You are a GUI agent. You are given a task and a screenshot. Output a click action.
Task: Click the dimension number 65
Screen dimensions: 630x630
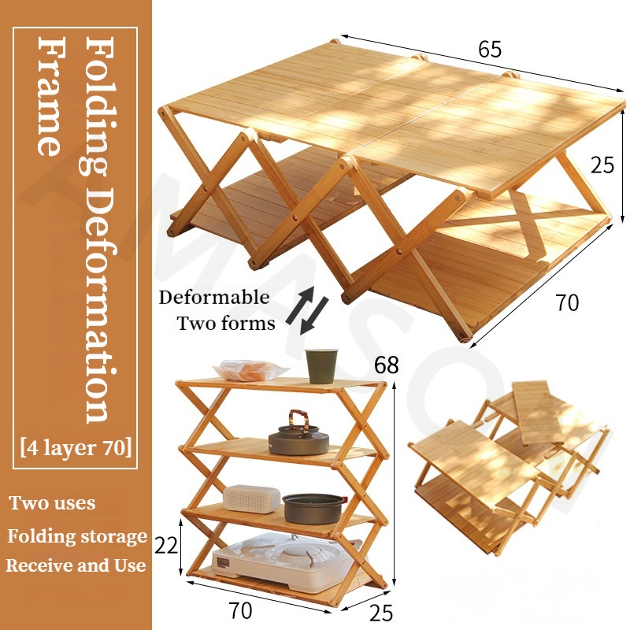489,49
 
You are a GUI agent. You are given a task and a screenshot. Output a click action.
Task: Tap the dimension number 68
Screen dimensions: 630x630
387,365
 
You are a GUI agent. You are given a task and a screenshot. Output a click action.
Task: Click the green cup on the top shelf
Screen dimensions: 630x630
321,366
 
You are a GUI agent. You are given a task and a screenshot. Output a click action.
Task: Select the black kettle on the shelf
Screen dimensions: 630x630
298,438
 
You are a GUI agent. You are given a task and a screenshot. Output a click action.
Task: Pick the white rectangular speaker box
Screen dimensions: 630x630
252,498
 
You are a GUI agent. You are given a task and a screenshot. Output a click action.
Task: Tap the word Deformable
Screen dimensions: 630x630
214,298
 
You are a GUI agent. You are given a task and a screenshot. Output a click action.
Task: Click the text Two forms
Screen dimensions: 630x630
226,323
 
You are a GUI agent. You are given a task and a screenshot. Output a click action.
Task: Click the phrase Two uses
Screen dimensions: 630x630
52,503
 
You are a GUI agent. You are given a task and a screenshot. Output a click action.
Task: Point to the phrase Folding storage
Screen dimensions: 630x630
77,537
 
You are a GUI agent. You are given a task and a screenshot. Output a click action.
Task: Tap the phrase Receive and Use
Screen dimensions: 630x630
76,565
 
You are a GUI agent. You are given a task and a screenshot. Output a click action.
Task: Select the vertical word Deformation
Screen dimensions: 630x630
99,306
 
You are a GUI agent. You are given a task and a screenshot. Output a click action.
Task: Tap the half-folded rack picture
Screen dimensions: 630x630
508,465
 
